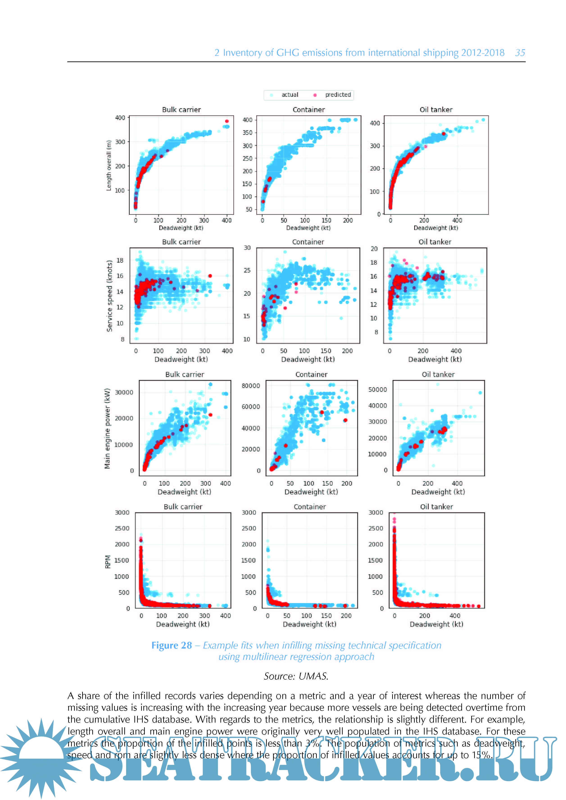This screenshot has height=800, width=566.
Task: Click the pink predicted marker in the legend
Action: pos(315,95)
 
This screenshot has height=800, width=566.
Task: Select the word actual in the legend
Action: pos(290,95)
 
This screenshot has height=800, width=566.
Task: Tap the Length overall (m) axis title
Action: pos(109,165)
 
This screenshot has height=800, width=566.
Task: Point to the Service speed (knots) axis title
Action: pos(109,296)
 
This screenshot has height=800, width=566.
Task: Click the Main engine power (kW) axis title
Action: pos(107,428)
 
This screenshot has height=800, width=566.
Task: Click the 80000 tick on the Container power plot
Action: pos(251,386)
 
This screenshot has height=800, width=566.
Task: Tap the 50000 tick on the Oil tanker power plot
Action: pos(378,390)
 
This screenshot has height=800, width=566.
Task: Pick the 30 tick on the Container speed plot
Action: pos(247,248)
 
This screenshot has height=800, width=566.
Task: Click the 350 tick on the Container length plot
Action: pos(247,133)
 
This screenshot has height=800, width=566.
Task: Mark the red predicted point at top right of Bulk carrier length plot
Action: pos(227,121)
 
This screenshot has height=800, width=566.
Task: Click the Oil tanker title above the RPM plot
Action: pos(436,507)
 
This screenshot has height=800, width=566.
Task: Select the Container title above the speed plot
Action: pos(308,242)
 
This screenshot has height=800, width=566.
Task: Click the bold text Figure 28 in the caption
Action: pos(172,646)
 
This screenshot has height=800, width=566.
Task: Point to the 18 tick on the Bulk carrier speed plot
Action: pos(120,260)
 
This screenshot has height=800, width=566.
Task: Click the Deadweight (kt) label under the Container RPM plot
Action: pos(310,624)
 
